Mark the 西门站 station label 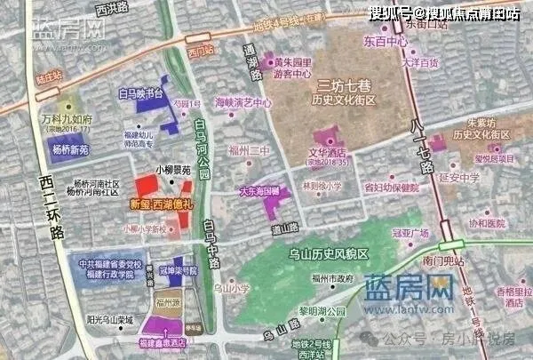[x=200, y=51]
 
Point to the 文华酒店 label [x=325, y=154]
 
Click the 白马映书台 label [x=142, y=92]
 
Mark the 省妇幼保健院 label [x=391, y=188]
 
